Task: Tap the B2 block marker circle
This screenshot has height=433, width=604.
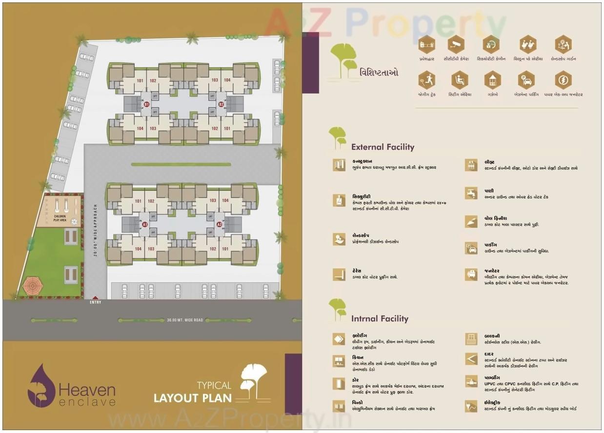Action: (221, 104)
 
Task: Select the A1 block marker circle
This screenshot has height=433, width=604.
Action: (144, 224)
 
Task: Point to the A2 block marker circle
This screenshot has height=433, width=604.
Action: (220, 224)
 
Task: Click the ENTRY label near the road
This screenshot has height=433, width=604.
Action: (96, 302)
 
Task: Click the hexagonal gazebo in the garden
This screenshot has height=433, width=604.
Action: (32, 285)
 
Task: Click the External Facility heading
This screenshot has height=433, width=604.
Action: (383, 147)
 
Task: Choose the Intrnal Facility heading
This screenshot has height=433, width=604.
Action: (380, 318)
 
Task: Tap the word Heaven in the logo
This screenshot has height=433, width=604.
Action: (87, 390)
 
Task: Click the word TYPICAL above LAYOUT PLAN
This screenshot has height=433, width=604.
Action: (214, 385)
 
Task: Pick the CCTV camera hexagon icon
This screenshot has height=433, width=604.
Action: (456, 44)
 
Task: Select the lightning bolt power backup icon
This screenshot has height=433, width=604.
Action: (563, 80)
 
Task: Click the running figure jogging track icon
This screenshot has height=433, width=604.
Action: (426, 80)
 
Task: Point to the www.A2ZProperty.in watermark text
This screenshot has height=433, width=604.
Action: (229, 419)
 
